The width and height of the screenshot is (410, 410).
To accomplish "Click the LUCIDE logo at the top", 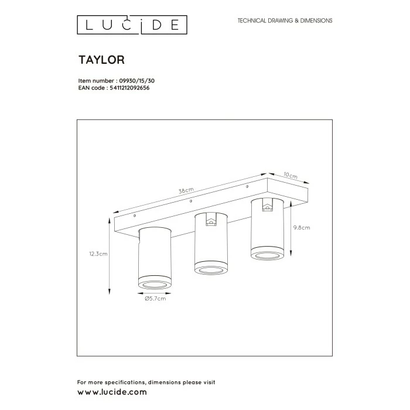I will click(132, 24).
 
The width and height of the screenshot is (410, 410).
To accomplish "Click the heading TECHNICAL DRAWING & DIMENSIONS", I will click(285, 20).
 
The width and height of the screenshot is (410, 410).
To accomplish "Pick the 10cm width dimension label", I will click(291, 174).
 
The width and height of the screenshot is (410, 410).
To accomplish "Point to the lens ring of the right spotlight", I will click(266, 254).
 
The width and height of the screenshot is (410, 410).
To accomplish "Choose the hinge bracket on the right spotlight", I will click(267, 206).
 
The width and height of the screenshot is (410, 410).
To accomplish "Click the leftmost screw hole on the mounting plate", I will click(135, 216).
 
